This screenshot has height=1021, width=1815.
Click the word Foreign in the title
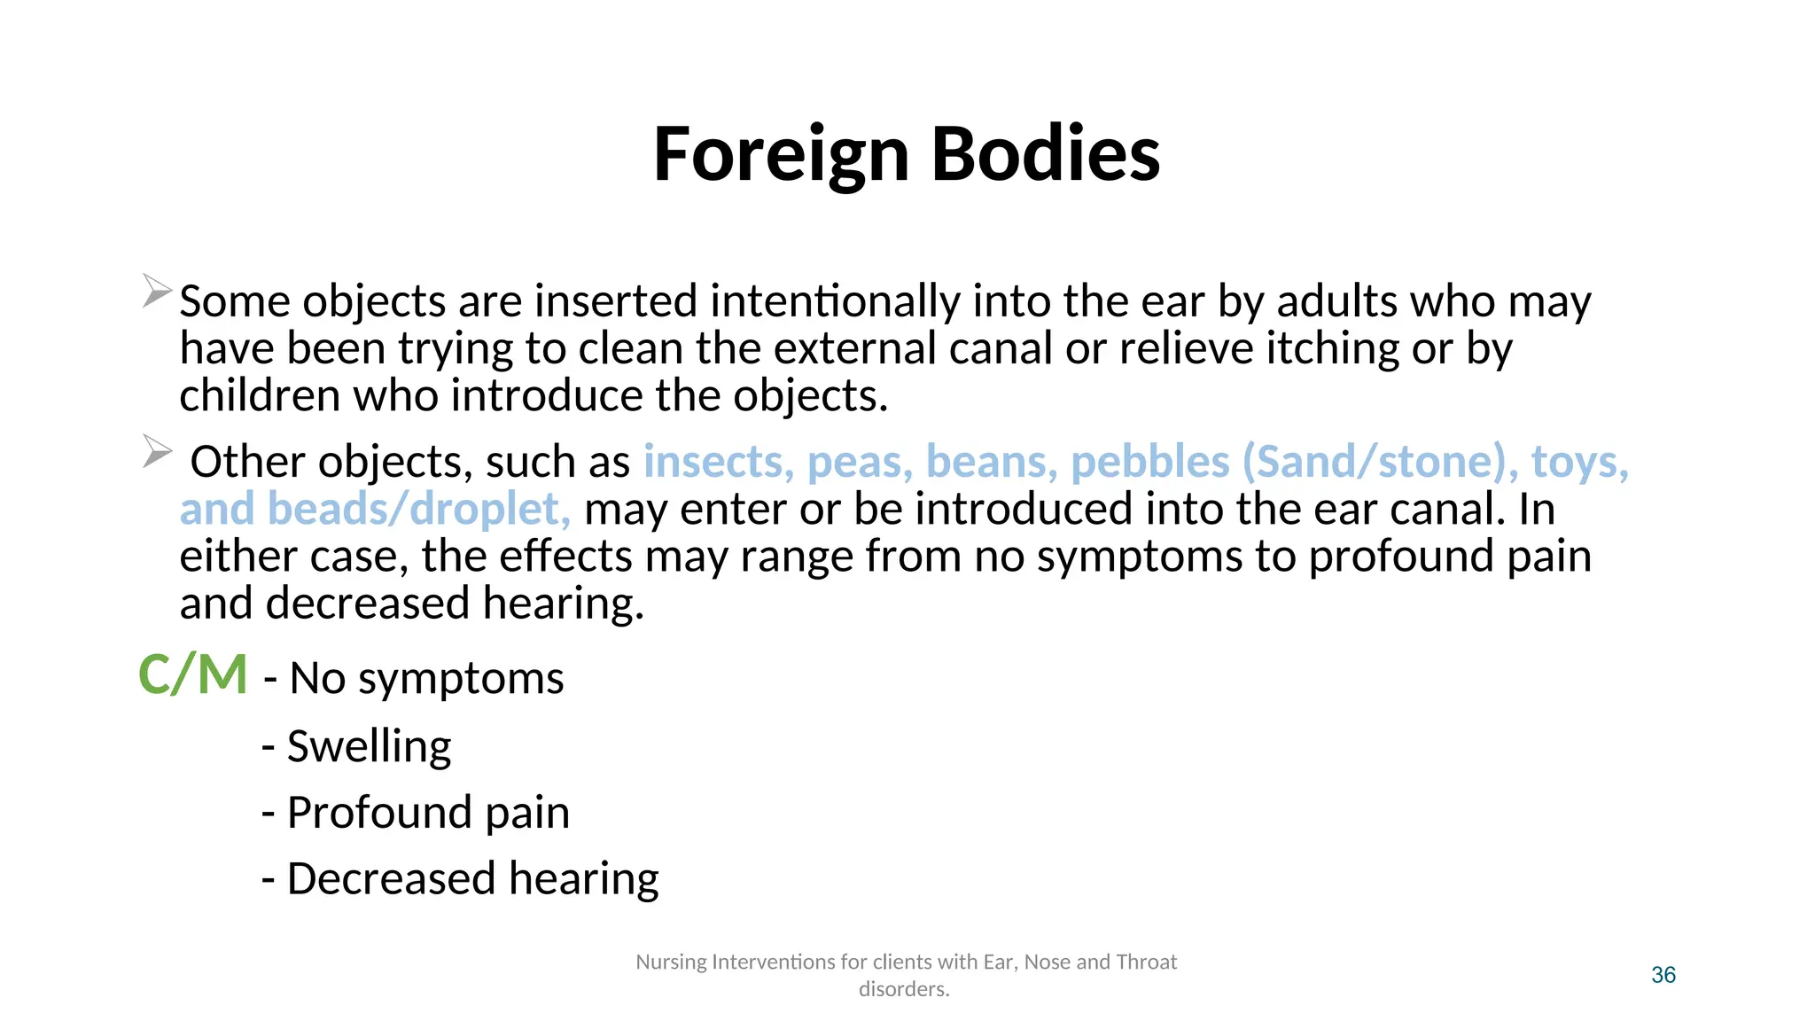(x=781, y=155)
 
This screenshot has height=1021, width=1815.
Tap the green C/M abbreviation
(x=192, y=675)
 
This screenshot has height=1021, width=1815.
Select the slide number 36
(x=1663, y=975)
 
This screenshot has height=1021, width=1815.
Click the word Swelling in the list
(x=369, y=746)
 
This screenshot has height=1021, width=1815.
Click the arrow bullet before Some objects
(x=157, y=291)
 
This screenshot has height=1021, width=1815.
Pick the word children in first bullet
(x=260, y=395)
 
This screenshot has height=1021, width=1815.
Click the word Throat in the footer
(x=1146, y=962)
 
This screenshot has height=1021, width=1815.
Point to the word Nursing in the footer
(x=671, y=962)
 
